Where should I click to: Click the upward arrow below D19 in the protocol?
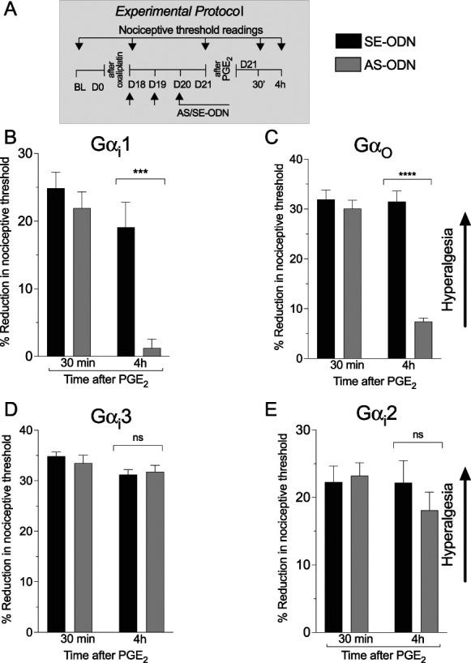(x=154, y=99)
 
